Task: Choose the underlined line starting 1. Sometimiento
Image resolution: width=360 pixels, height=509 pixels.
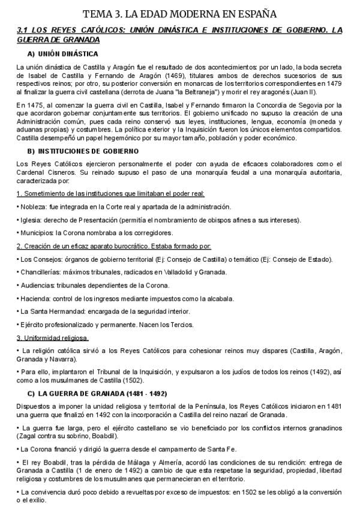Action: pyautogui.click(x=111, y=194)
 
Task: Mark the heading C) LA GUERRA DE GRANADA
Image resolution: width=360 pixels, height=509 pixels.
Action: pyautogui.click(x=97, y=393)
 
